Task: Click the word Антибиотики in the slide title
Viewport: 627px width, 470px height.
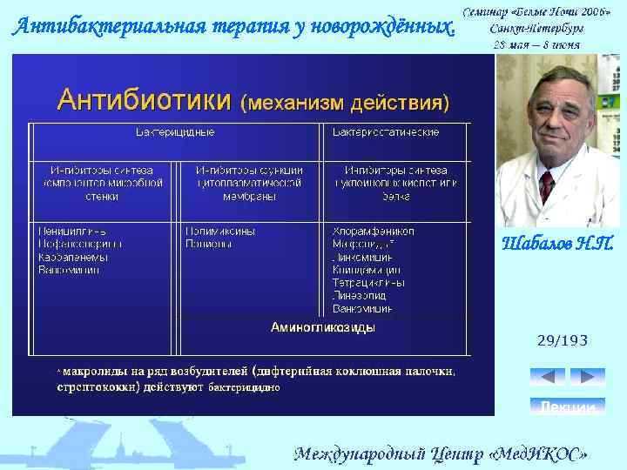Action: pos(144,100)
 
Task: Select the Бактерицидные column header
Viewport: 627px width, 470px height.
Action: pos(174,132)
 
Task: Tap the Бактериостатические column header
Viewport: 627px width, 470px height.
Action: pos(385,132)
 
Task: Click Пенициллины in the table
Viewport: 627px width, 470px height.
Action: pos(71,232)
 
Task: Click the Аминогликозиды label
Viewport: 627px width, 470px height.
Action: pos(323,328)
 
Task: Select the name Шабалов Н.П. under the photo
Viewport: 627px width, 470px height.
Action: pos(558,244)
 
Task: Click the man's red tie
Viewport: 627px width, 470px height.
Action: pos(546,186)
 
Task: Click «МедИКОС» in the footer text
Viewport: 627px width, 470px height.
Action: pos(541,454)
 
